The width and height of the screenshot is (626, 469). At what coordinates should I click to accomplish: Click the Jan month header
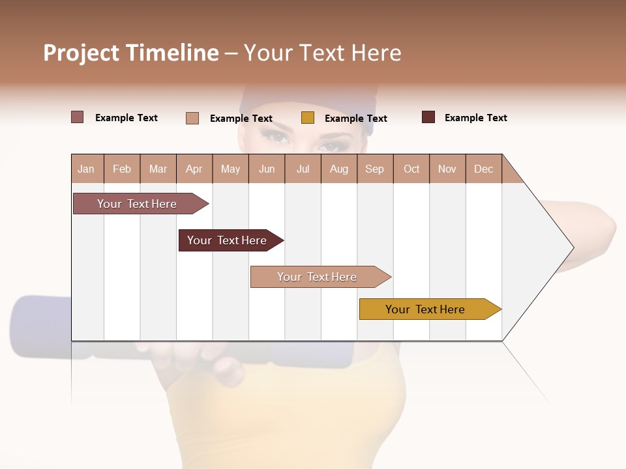pyautogui.click(x=87, y=169)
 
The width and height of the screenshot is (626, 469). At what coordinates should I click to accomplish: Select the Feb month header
pyautogui.click(x=122, y=169)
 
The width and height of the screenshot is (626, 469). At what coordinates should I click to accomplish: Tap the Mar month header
pyautogui.click(x=158, y=169)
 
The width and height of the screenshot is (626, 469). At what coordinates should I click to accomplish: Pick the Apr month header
pyautogui.click(x=194, y=169)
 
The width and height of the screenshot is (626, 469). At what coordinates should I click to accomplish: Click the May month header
pyautogui.click(x=230, y=169)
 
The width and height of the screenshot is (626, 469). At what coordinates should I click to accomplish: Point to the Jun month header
pyautogui.click(x=267, y=169)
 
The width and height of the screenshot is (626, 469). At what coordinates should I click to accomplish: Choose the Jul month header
pyautogui.click(x=303, y=169)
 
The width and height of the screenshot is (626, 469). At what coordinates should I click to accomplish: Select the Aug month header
pyautogui.click(x=339, y=169)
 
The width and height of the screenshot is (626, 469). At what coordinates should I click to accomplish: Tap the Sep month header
pyautogui.click(x=375, y=169)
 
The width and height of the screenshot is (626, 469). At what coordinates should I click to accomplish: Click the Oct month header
pyautogui.click(x=411, y=169)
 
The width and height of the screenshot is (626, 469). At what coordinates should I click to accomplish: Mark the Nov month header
pyautogui.click(x=447, y=169)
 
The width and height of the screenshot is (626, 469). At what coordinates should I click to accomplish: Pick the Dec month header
pyautogui.click(x=484, y=169)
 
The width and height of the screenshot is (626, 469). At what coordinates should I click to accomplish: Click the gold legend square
pyautogui.click(x=308, y=118)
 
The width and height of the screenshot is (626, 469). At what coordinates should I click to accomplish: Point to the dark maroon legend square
pyautogui.click(x=428, y=117)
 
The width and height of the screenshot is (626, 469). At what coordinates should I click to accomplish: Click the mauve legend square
pyautogui.click(x=78, y=117)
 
